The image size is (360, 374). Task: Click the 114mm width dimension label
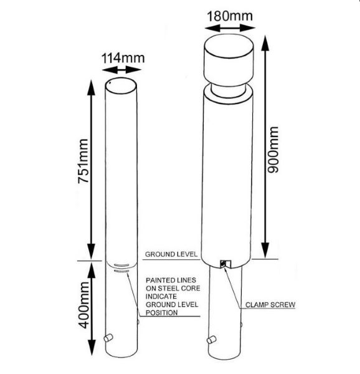[123, 58]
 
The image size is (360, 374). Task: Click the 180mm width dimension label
[230, 16]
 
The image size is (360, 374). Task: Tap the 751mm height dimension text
[83, 161]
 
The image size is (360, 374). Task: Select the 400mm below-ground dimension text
[83, 305]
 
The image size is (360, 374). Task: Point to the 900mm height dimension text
[273, 150]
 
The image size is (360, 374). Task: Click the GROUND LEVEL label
[171, 254]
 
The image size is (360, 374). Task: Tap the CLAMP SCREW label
[270, 305]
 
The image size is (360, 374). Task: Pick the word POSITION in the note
[161, 312]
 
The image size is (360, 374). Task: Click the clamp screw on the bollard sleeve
[223, 264]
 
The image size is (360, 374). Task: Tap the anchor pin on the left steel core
[108, 338]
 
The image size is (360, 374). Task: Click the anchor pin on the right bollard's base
[212, 340]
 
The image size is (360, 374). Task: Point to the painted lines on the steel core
[121, 268]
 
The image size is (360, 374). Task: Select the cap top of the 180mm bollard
[229, 47]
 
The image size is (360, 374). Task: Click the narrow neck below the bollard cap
[229, 92]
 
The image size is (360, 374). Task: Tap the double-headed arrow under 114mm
[121, 70]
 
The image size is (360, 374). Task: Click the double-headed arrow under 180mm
[230, 28]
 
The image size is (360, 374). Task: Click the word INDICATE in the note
[161, 296]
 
